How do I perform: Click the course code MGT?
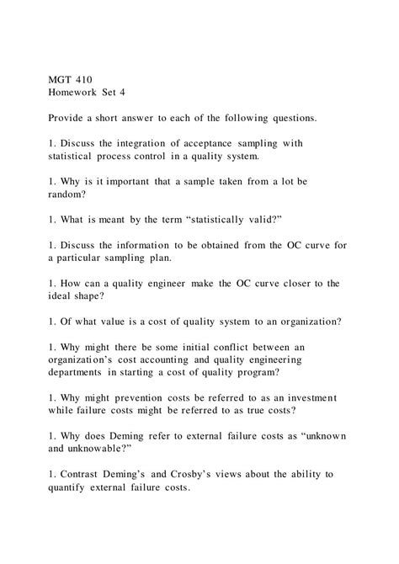pyautogui.click(x=61, y=81)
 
